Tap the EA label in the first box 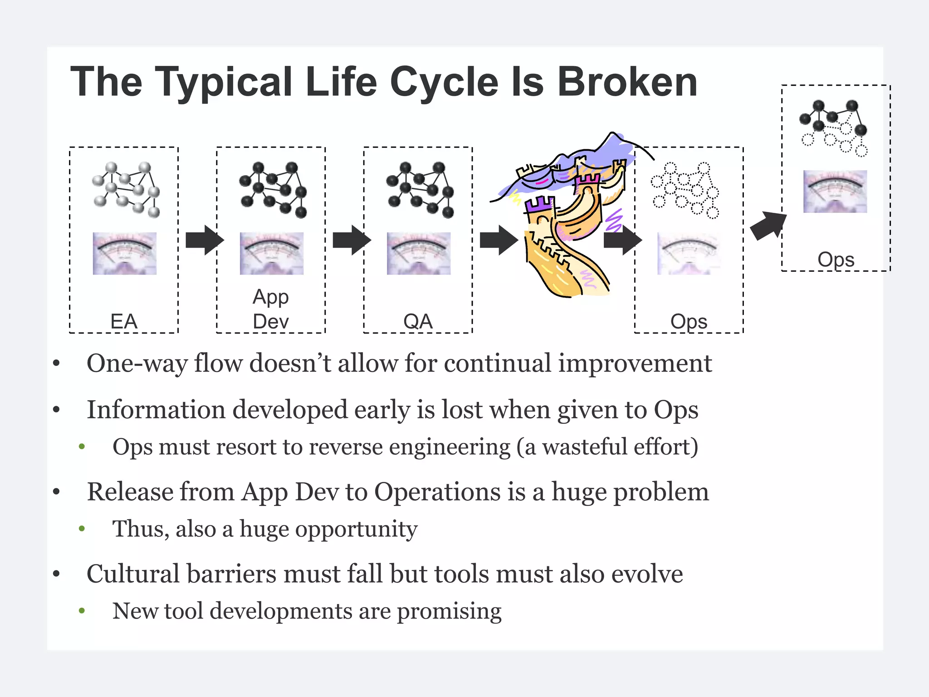[123, 321]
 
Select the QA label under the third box [418, 321]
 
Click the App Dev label [270, 309]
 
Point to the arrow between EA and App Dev [205, 240]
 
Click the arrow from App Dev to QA [352, 240]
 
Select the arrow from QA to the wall [499, 240]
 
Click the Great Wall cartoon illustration [567, 218]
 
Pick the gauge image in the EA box [125, 253]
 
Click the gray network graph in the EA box [126, 189]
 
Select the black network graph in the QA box [420, 189]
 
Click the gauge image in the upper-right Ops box [835, 191]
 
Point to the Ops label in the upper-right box [836, 260]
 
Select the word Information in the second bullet [156, 410]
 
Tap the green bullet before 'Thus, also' [82, 529]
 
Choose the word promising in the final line [449, 611]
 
